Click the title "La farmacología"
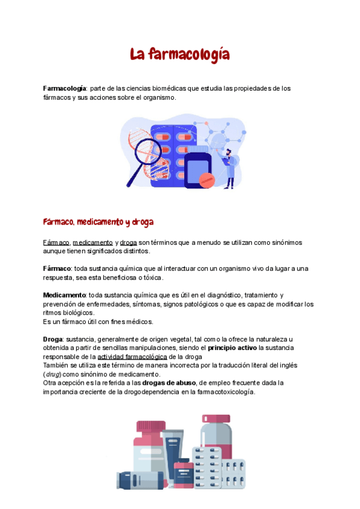click(x=180, y=55)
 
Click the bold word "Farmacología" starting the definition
click(x=64, y=89)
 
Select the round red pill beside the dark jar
click(x=207, y=179)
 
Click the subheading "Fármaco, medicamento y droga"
click(x=98, y=222)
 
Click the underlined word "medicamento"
click(x=92, y=242)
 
